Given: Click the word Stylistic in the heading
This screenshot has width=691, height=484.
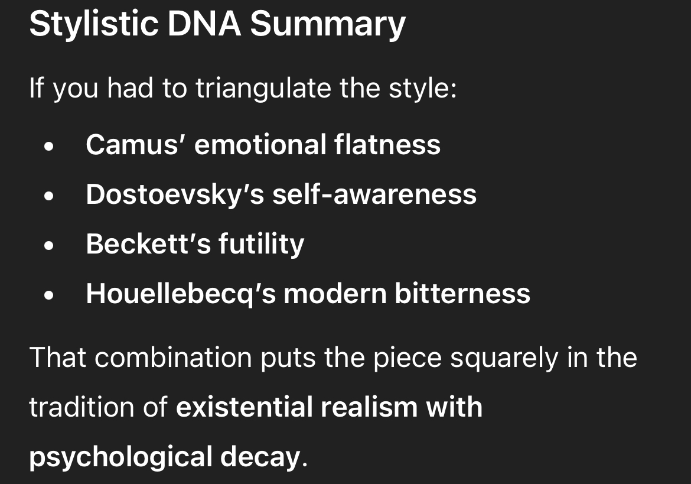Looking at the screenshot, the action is [x=93, y=24].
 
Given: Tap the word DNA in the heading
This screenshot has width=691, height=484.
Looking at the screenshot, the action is [x=204, y=24].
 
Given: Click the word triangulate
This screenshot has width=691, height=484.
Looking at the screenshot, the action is [x=263, y=88].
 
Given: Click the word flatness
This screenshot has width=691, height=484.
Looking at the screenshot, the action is [x=387, y=144].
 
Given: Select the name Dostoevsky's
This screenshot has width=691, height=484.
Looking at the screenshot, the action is [x=175, y=194].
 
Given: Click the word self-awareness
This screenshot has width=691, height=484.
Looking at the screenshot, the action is [x=374, y=194].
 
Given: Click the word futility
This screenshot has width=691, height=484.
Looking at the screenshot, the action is [x=261, y=243].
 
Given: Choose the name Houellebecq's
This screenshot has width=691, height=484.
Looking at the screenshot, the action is [x=181, y=294].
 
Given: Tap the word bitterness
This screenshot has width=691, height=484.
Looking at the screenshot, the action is [x=462, y=293].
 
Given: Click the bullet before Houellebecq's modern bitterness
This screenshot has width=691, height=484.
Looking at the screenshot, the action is [x=49, y=295].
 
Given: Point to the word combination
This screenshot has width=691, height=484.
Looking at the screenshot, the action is [x=173, y=357].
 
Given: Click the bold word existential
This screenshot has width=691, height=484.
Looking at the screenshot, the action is [x=244, y=407].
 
